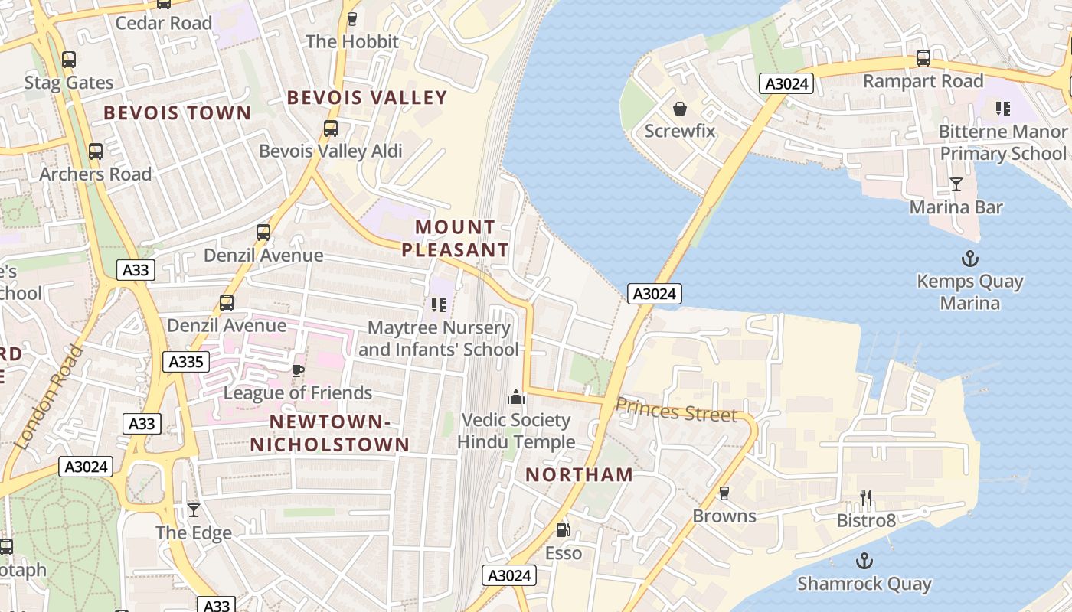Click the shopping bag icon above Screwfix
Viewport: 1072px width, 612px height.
(679, 109)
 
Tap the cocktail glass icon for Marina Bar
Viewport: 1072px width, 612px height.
(956, 184)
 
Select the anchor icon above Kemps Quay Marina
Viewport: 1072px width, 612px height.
(970, 258)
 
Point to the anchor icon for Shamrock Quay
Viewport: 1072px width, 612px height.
(864, 561)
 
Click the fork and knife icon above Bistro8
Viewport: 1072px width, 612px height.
(866, 499)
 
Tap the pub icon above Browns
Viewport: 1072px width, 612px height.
(724, 493)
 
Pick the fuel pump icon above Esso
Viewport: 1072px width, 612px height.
(563, 529)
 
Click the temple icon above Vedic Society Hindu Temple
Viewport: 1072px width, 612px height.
(516, 397)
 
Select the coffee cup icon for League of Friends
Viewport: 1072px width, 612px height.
(298, 370)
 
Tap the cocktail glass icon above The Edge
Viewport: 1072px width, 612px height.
(194, 509)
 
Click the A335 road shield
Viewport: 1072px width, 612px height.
(185, 362)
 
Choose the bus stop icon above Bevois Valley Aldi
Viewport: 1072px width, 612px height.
(331, 129)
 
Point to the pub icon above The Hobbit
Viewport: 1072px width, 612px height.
(352, 19)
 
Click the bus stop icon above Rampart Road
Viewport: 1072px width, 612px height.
(923, 58)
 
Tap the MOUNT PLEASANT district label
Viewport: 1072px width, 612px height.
(456, 238)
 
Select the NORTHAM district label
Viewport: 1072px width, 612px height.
(579, 474)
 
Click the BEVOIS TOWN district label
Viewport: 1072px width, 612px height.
(178, 113)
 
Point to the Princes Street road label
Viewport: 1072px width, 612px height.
(676, 411)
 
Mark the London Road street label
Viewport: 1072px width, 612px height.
(47, 398)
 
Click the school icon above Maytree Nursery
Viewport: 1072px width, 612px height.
(439, 305)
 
